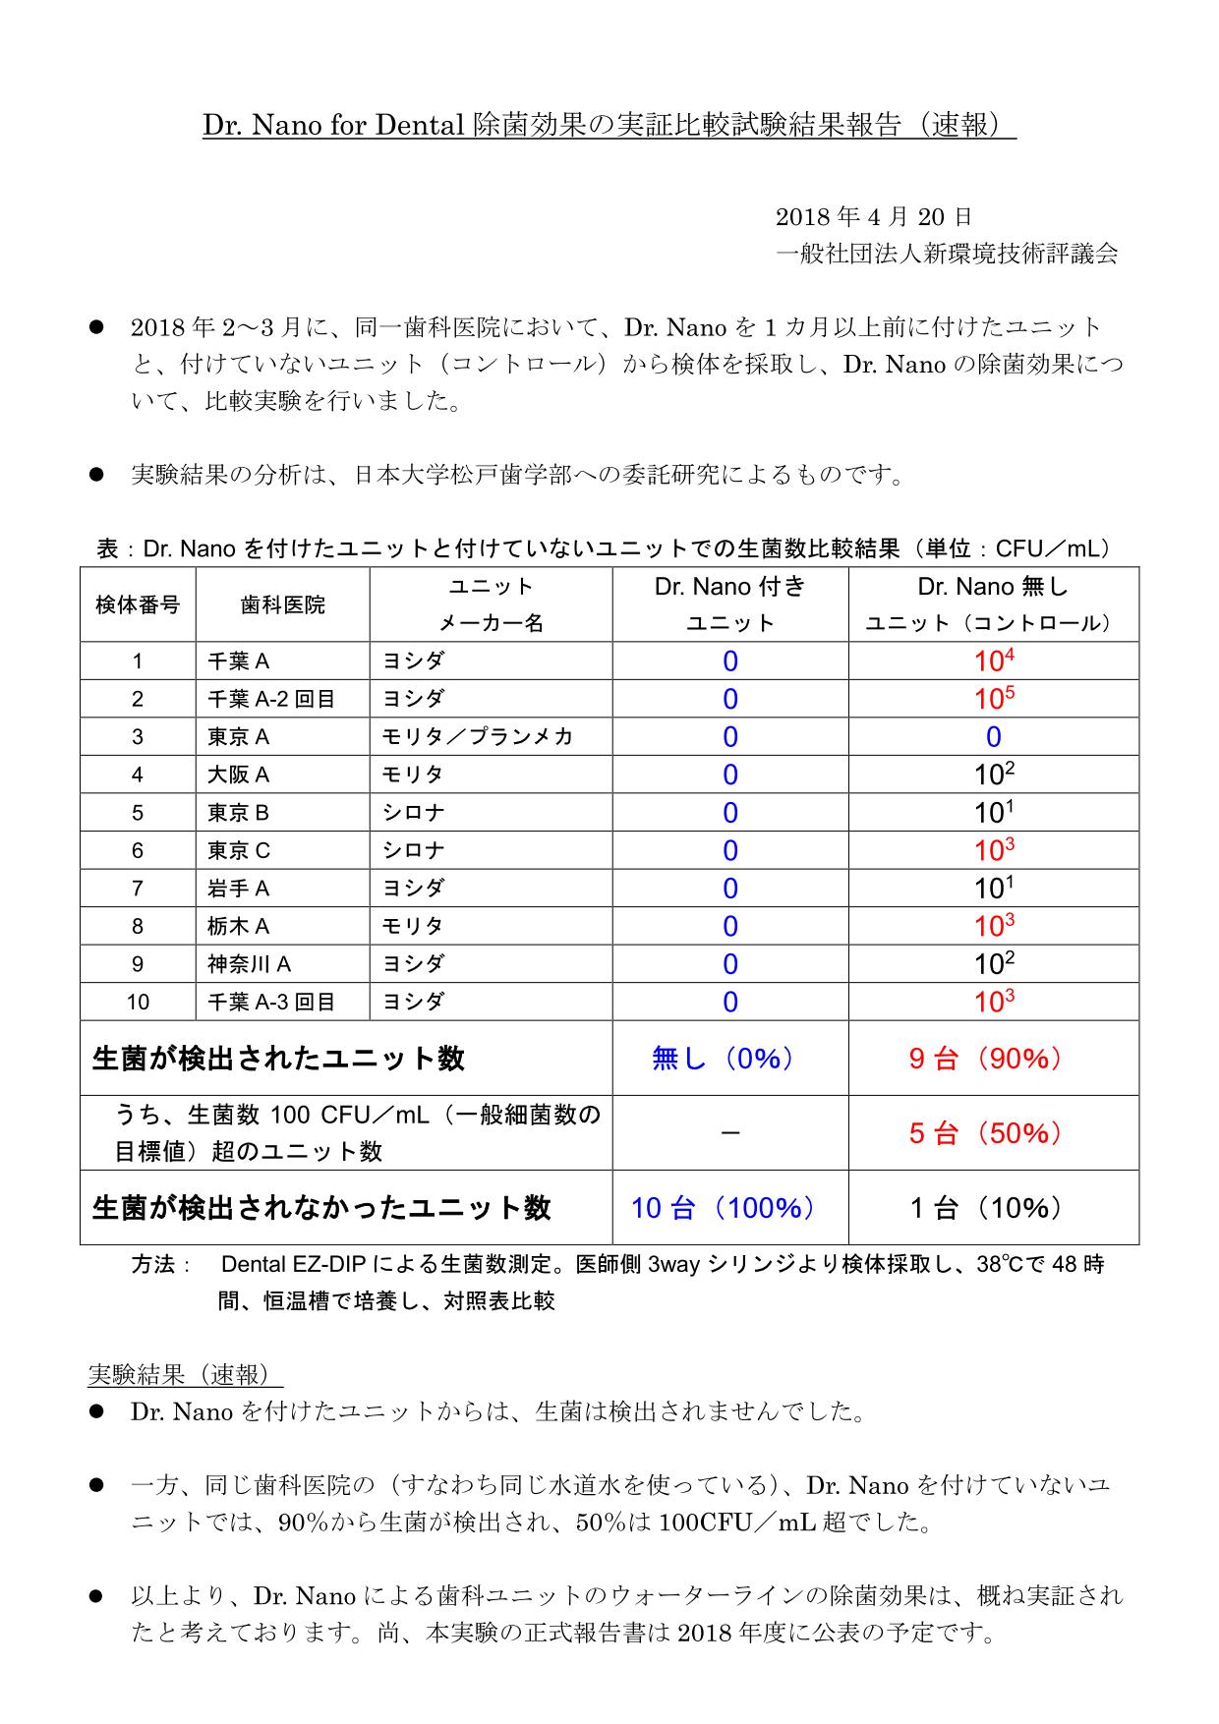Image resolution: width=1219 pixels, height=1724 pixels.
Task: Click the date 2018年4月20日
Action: coord(873,217)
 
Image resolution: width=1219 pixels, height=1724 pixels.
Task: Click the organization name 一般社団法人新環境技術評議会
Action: coord(947,255)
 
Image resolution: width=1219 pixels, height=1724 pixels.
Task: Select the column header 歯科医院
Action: coord(282,605)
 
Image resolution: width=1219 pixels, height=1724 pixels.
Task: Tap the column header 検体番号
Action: coord(138,605)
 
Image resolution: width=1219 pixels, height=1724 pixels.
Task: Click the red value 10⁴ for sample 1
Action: coord(994,661)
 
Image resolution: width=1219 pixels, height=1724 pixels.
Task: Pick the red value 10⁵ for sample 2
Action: coord(994,699)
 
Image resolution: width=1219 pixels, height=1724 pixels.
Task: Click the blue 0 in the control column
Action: coord(994,737)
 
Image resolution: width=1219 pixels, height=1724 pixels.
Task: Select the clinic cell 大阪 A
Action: coord(238,775)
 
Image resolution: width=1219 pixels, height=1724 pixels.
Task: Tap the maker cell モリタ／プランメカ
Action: coord(478,737)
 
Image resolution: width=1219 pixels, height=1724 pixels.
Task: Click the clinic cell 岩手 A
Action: coord(238,889)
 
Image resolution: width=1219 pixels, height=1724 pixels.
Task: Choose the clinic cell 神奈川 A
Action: coord(249,964)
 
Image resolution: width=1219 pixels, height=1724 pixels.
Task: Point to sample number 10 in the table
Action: coord(138,1002)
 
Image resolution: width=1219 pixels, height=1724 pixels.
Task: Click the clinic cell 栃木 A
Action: coord(238,926)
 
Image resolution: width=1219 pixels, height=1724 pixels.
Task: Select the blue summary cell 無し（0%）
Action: coord(729,1059)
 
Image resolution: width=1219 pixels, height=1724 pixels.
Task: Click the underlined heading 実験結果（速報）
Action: coord(185,1374)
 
